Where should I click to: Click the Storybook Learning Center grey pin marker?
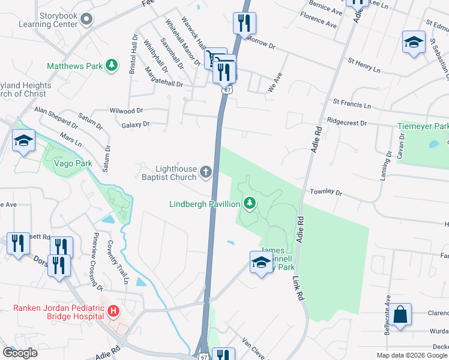tap(86, 19)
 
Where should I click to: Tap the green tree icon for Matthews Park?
tap(111, 65)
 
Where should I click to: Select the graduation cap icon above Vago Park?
tap(23, 141)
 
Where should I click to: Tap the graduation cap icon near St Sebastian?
tap(413, 42)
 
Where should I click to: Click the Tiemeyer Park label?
tap(423, 127)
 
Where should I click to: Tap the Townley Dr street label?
tap(325, 193)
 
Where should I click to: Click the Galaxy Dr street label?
tap(134, 124)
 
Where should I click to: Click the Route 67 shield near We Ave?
tap(226, 89)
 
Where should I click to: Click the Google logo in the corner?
tap(20, 353)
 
